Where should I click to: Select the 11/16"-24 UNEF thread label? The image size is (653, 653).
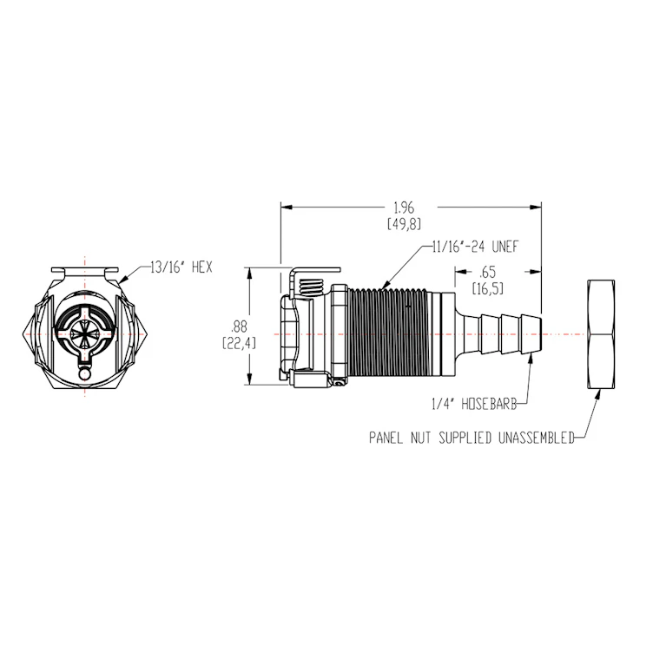[x=475, y=247]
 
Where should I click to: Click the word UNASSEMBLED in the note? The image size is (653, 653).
[x=535, y=439]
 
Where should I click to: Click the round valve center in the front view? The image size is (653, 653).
[x=86, y=331]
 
